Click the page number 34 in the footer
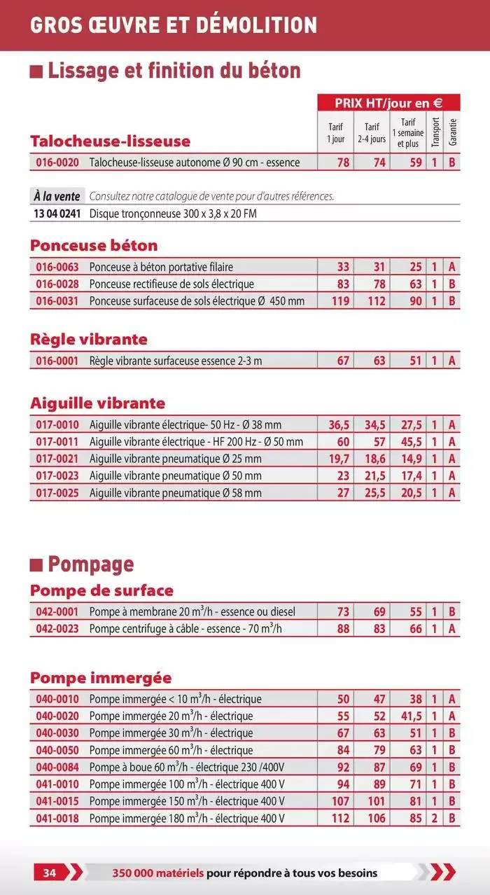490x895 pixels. click(50, 873)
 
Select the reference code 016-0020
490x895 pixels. click(57, 162)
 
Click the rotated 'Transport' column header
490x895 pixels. click(435, 132)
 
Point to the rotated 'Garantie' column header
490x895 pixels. click(452, 132)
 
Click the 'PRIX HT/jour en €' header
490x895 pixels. click(389, 103)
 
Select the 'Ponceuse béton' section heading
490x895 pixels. click(94, 246)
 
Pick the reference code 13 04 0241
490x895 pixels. click(57, 214)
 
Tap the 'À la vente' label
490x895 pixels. click(57, 196)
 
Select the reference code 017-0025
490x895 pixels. click(57, 493)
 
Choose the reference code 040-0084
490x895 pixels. click(57, 767)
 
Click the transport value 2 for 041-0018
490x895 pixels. click(435, 818)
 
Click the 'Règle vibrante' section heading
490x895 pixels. click(89, 340)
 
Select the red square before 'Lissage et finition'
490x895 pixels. click(36, 71)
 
